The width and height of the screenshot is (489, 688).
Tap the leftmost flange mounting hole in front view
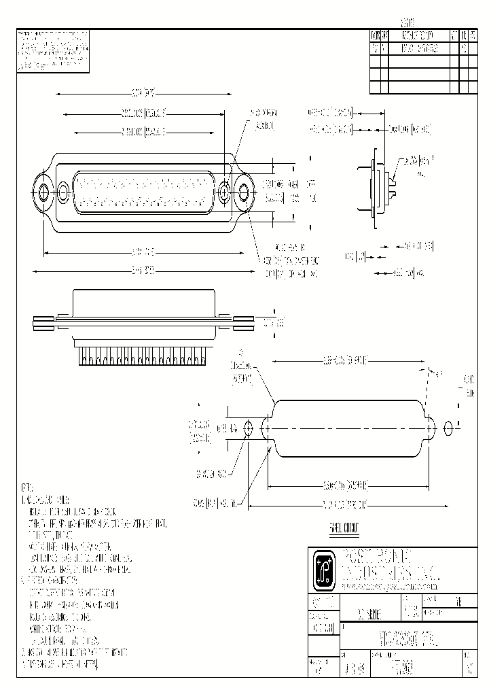[43, 192]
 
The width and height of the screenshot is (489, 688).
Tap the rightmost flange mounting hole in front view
[243, 192]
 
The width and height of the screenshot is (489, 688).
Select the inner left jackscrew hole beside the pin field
[63, 192]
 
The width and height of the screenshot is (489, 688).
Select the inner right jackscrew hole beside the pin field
[224, 192]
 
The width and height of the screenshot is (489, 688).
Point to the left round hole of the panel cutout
[248, 428]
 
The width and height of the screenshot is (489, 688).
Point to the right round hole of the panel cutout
[448, 428]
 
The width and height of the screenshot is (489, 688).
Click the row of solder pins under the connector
[143, 355]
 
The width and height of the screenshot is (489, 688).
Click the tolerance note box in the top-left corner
[52, 50]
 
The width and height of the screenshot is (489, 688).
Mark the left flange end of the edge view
[45, 323]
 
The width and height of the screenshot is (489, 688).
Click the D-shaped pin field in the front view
[143, 192]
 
